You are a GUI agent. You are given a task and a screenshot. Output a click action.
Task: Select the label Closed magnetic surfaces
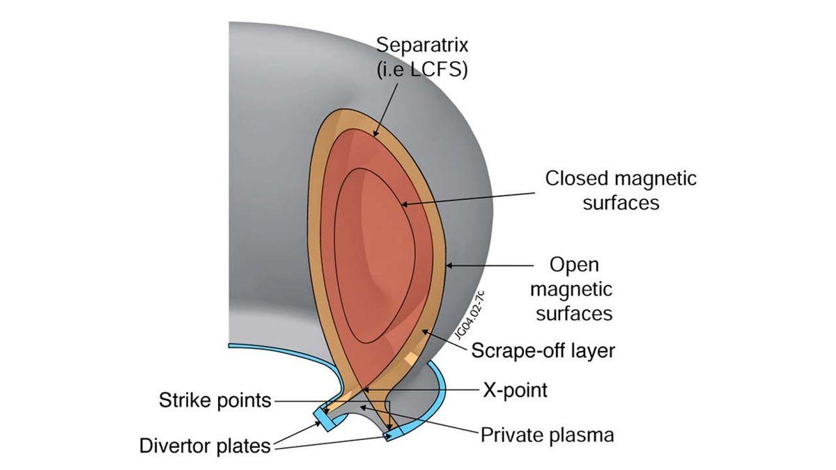tap(621, 190)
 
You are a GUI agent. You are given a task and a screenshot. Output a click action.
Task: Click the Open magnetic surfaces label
tap(574, 289)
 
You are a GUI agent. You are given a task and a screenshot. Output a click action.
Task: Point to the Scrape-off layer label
tap(543, 350)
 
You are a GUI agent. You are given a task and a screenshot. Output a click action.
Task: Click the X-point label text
tap(515, 390)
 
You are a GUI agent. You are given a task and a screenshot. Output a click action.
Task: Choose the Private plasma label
tap(548, 435)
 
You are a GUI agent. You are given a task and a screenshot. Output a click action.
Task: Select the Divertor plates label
tap(205, 446)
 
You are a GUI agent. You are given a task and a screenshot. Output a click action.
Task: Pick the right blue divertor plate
tap(398, 434)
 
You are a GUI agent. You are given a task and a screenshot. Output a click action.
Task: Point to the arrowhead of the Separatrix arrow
tap(376, 133)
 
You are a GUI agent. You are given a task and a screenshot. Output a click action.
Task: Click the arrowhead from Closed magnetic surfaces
tap(402, 204)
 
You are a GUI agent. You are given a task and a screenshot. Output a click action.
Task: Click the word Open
tap(574, 265)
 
